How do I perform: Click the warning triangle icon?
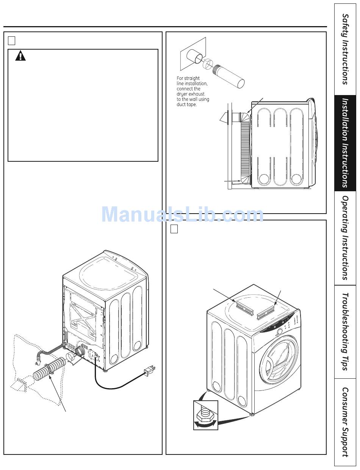click(x=20, y=56)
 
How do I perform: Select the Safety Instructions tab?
click(x=345, y=49)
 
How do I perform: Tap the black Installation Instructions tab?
click(x=345, y=143)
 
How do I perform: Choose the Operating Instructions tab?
click(x=345, y=238)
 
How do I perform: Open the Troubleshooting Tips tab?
click(x=345, y=331)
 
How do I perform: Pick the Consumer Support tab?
click(x=345, y=422)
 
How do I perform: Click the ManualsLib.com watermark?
click(x=182, y=214)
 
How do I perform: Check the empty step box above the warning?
click(x=11, y=40)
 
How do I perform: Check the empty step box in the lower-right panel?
click(x=174, y=229)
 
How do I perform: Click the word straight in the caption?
click(x=192, y=78)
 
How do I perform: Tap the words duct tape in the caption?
click(x=187, y=105)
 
